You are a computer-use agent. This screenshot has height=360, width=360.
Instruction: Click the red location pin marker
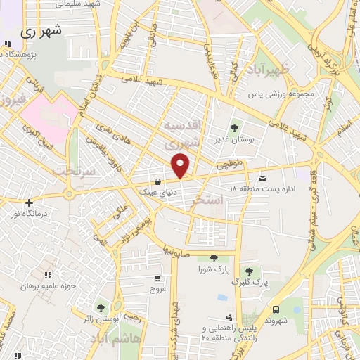pyautogui.click(x=181, y=165)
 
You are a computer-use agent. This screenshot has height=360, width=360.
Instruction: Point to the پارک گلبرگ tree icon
pyautogui.click(x=248, y=271)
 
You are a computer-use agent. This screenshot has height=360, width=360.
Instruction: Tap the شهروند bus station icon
pyautogui.click(x=276, y=309)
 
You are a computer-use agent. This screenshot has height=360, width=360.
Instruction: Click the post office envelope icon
pyautogui.click(x=262, y=178)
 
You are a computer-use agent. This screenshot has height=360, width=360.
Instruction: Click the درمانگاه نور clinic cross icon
pyautogui.click(x=29, y=202)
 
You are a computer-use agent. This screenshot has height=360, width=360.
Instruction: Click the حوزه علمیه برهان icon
pyautogui.click(x=48, y=275)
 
